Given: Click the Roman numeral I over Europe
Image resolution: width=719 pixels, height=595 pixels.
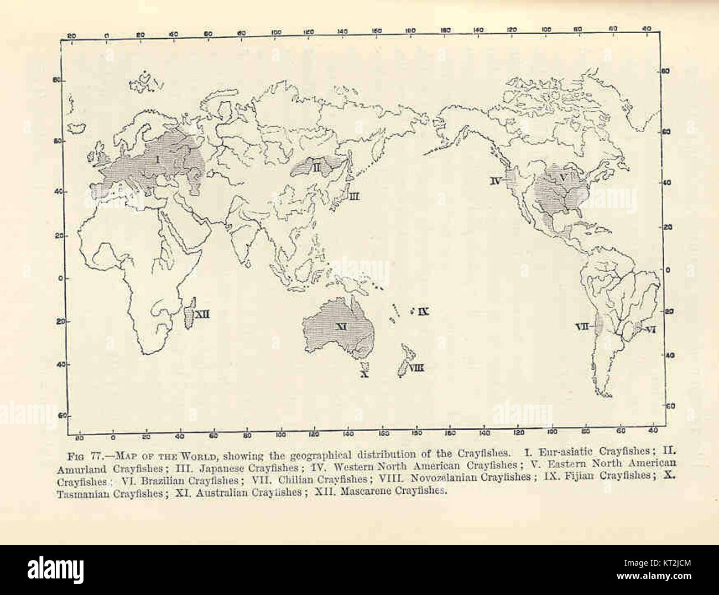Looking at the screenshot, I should tap(158, 160).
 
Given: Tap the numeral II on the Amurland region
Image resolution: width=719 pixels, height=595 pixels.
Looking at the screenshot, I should tap(311, 167).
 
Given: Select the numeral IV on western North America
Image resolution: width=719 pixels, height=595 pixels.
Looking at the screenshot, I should tap(495, 180).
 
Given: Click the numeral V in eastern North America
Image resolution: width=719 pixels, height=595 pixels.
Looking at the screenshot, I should tap(563, 178).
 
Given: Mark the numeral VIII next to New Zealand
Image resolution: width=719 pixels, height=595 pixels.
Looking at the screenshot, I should tap(416, 367).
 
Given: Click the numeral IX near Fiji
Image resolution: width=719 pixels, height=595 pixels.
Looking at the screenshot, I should tap(423, 312).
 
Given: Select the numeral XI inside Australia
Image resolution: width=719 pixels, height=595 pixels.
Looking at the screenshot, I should tap(341, 327).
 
